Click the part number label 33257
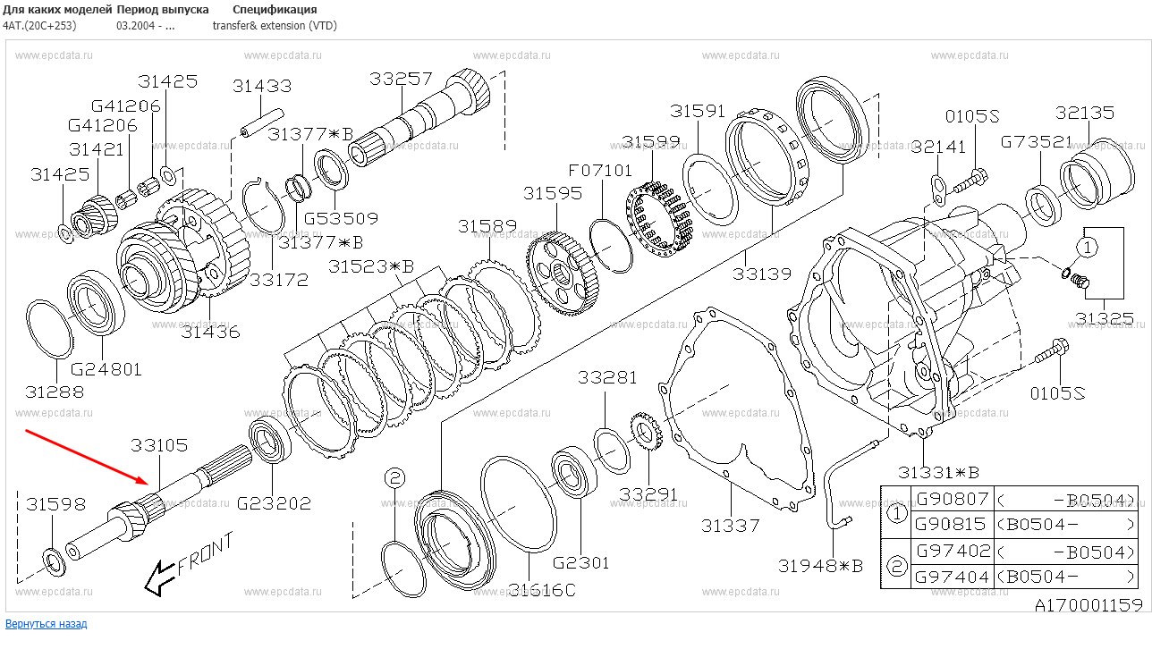(401, 79)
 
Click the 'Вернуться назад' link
(47, 623)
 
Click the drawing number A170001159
(1089, 605)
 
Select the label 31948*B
(820, 565)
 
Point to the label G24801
(106, 368)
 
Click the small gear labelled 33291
(645, 434)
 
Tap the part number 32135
(1084, 113)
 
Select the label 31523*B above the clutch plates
(370, 266)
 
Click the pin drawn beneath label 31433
(261, 122)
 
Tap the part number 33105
(159, 444)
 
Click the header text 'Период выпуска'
(163, 9)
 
